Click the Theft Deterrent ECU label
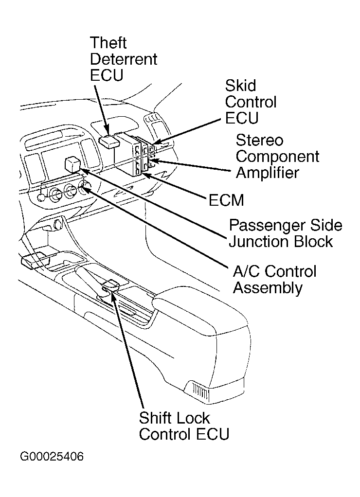pyautogui.click(x=124, y=59)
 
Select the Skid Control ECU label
pyautogui.click(x=250, y=102)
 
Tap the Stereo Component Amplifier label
pyautogui.click(x=277, y=157)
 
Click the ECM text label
pyautogui.click(x=226, y=200)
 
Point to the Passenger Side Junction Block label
pyautogui.click(x=286, y=233)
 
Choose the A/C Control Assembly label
pyautogui.click(x=274, y=279)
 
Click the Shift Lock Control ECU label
pyautogui.click(x=183, y=426)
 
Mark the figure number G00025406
pyautogui.click(x=52, y=457)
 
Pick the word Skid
pyautogui.click(x=240, y=86)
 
